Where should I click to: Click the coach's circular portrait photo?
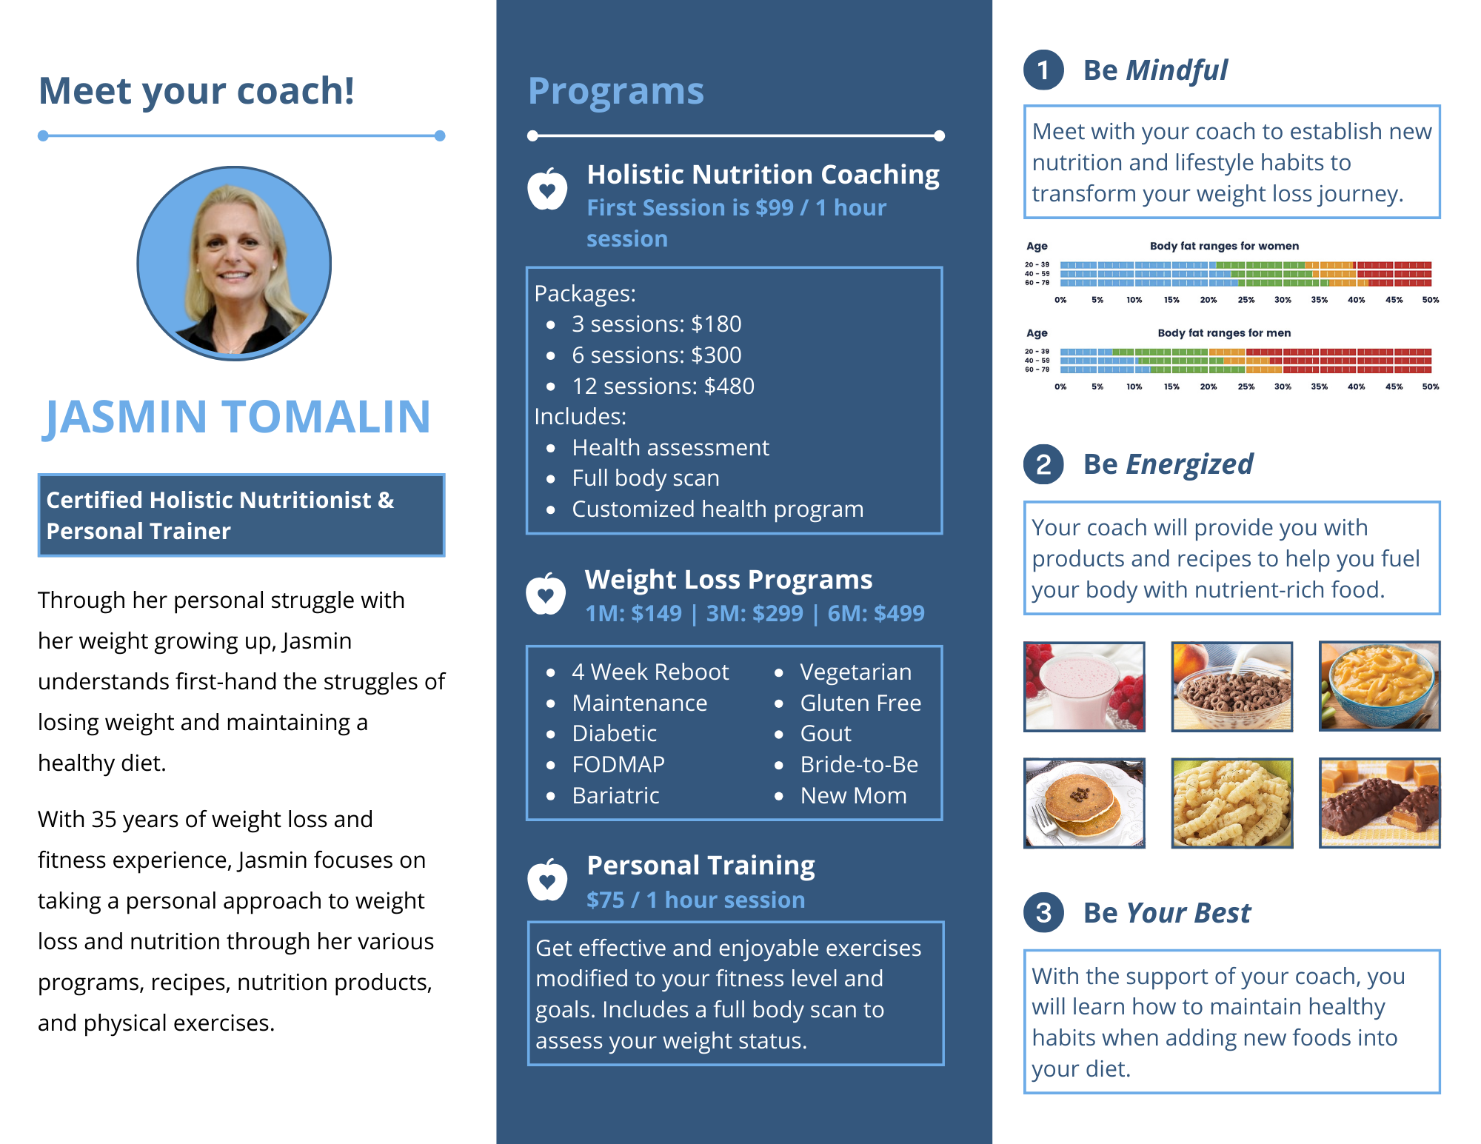click(x=234, y=263)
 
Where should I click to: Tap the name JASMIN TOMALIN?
click(x=238, y=416)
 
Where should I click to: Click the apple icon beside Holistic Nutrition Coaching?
click(x=547, y=189)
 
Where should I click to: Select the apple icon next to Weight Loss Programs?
click(x=546, y=593)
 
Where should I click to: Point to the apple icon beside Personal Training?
click(x=547, y=880)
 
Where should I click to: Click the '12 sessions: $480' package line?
click(x=663, y=386)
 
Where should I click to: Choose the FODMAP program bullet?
click(x=618, y=764)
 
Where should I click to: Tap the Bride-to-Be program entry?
click(x=859, y=764)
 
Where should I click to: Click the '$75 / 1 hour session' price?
click(x=695, y=900)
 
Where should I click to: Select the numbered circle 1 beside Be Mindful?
click(x=1043, y=70)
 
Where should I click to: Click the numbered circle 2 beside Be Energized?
click(x=1043, y=464)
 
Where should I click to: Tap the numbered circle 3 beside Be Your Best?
click(x=1043, y=913)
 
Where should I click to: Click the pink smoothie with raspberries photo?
click(x=1084, y=686)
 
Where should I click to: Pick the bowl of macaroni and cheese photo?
click(x=1380, y=686)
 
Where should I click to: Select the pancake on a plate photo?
click(x=1084, y=803)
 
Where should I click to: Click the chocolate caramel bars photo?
click(x=1380, y=803)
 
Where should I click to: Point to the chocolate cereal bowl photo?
click(x=1232, y=686)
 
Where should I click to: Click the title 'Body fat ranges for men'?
click(x=1224, y=333)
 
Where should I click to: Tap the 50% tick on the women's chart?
click(x=1431, y=300)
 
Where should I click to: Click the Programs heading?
click(x=616, y=91)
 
